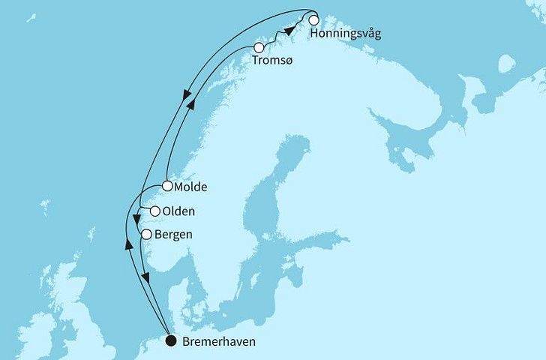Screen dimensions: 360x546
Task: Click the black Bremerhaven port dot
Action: coord(172,342)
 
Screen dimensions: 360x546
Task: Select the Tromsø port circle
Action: coord(259,47)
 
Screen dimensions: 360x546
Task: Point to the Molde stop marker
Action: coord(167,186)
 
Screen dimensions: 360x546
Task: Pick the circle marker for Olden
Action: coord(155,211)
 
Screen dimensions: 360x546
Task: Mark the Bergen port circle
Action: coord(147,235)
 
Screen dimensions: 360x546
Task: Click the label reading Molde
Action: coord(191,187)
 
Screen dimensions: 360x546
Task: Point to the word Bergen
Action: coord(172,235)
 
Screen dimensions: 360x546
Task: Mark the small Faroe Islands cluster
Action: coord(44,207)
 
